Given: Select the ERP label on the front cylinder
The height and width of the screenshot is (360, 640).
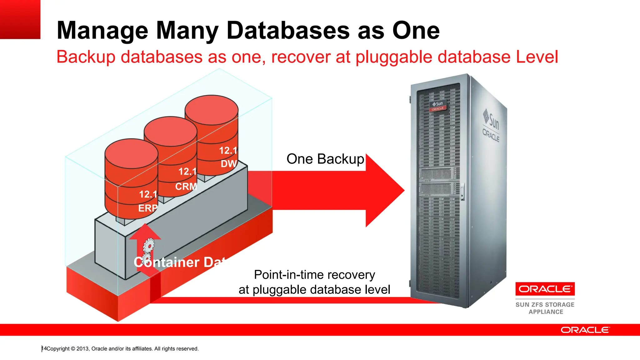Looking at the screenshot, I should click(x=148, y=208).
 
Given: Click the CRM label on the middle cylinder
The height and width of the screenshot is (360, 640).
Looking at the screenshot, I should click(x=186, y=187).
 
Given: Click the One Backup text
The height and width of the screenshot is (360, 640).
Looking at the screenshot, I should click(x=325, y=159).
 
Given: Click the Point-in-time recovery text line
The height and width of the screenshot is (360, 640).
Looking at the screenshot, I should click(x=314, y=275).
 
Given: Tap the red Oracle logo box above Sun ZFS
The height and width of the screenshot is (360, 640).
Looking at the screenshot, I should click(x=545, y=289).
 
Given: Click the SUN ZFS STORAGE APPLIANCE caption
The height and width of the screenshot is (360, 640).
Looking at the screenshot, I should click(x=545, y=308).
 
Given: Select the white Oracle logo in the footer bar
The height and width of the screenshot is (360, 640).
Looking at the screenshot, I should click(x=585, y=330).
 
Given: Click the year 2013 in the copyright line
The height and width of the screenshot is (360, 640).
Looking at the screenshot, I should click(x=83, y=349).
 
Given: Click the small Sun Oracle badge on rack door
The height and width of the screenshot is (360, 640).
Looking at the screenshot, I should click(x=438, y=106).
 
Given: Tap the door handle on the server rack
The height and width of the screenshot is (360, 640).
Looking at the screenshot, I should click(x=462, y=191).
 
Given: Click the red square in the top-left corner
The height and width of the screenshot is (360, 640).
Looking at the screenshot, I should click(x=20, y=19).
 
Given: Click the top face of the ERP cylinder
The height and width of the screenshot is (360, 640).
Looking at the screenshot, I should click(x=131, y=153).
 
